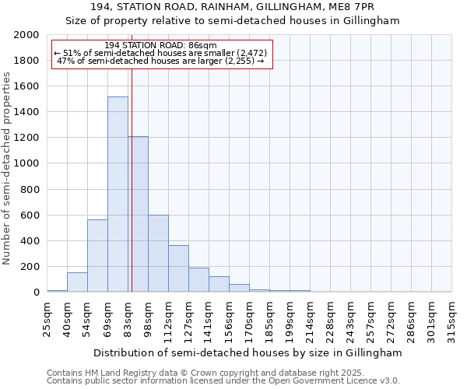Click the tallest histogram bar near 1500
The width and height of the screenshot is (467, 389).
pos(118,194)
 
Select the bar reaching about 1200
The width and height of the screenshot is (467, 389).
pos(139,214)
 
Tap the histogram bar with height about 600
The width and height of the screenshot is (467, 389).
pos(158,253)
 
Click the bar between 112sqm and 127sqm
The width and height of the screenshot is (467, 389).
pos(178,268)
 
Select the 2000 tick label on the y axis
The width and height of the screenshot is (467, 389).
pos(26,35)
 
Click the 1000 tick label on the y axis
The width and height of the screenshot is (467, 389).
pos(26,163)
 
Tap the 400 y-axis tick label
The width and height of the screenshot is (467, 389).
pos(29,240)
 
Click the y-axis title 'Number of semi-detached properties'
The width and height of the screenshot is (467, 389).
pos(7,167)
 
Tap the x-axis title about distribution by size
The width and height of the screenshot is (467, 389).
pos(249,352)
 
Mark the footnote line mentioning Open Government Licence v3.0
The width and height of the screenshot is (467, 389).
pos(223,380)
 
